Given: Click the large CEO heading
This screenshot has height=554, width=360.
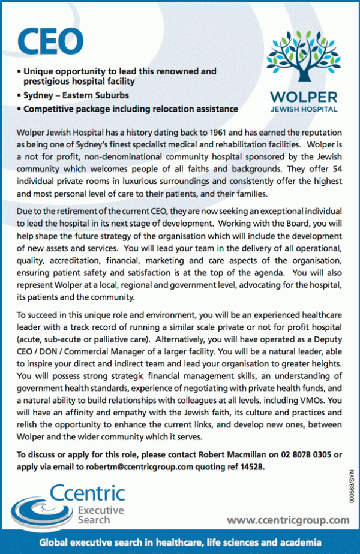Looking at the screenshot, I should (51, 41).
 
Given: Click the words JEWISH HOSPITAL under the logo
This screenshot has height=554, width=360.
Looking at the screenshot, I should (304, 110).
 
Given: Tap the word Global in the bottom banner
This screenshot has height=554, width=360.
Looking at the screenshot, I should (54, 542).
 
